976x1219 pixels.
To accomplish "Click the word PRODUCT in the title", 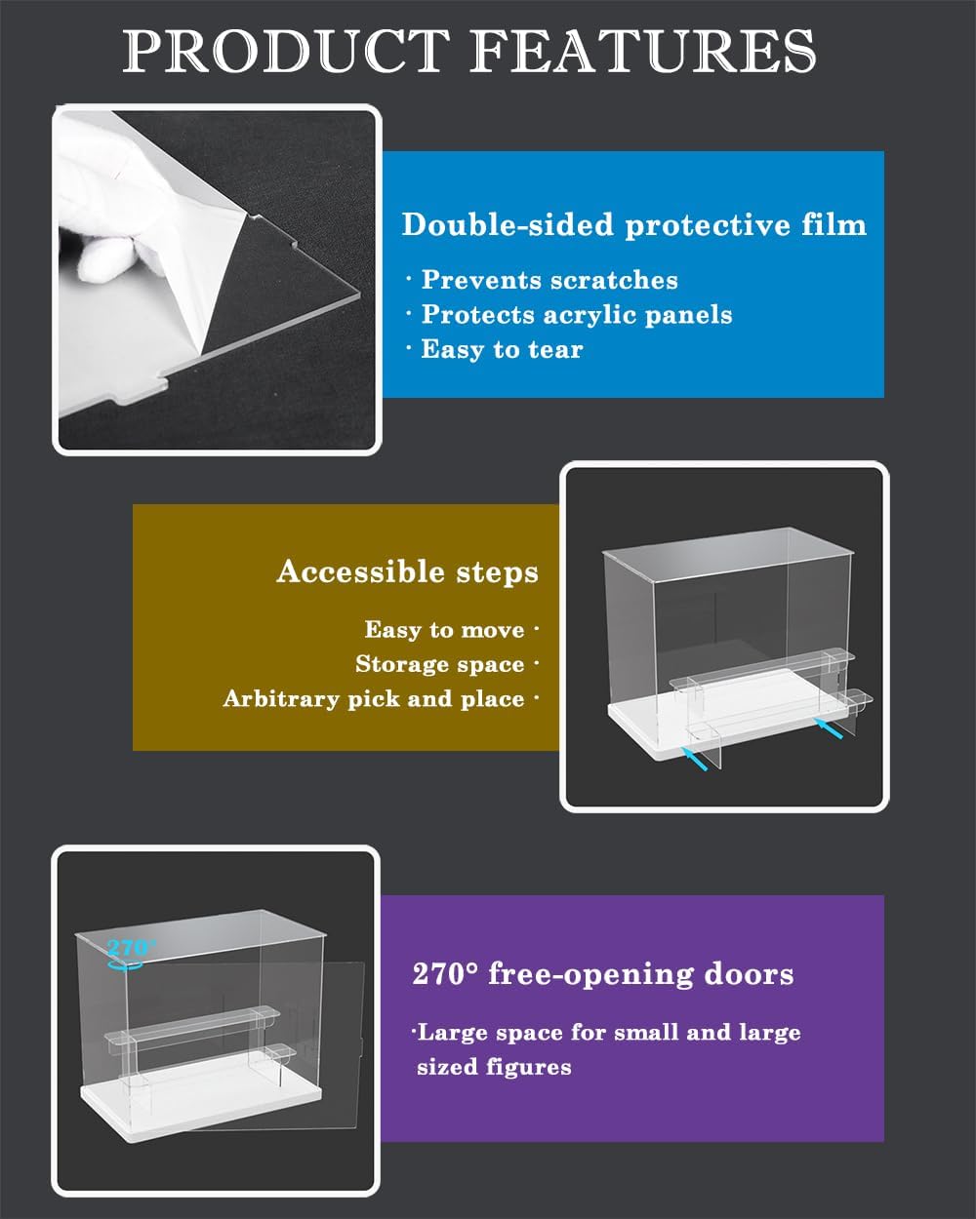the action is [286, 51].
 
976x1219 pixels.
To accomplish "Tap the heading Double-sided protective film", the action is [634, 224].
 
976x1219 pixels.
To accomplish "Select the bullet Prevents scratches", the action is [549, 280].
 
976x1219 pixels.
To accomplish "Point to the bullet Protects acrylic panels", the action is [576, 315].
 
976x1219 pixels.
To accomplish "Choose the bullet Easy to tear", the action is [502, 349].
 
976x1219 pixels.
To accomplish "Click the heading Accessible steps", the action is [408, 571].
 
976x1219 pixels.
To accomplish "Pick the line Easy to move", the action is [445, 630].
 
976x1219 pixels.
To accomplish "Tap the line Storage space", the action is [440, 664].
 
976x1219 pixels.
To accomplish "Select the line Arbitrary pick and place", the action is [374, 699].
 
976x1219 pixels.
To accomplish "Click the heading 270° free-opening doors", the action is [603, 974].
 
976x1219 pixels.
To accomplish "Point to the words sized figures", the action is [494, 1068].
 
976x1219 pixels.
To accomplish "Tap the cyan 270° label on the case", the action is [131, 947].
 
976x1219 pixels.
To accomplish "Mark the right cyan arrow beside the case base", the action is [829, 728].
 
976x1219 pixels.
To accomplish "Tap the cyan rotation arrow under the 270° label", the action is [124, 963].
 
